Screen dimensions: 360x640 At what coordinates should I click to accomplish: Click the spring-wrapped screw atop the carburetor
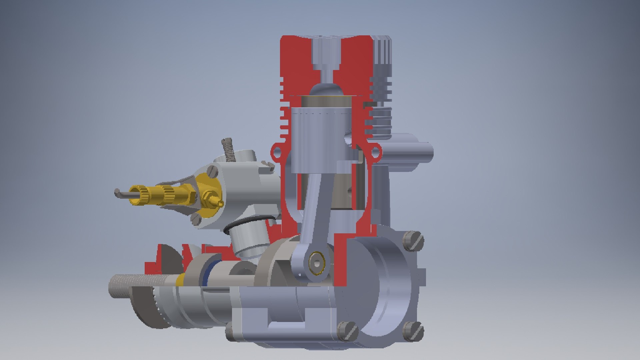pos(229,148)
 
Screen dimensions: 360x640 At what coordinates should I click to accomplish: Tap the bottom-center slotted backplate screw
pos(347,331)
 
